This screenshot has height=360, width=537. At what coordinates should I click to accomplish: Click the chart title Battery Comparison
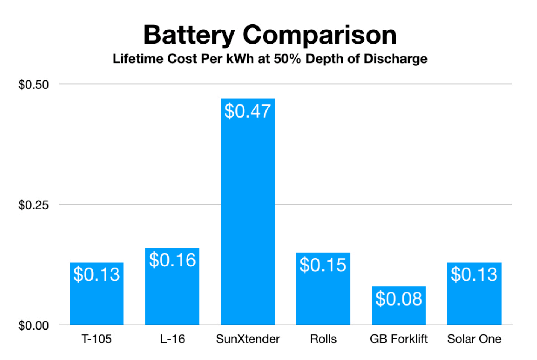270,35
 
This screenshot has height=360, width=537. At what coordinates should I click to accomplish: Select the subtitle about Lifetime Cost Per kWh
270,59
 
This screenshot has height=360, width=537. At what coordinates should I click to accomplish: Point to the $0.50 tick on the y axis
33,85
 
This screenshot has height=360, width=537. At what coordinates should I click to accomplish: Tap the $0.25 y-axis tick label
33,205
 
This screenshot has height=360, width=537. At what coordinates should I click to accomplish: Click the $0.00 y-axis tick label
33,325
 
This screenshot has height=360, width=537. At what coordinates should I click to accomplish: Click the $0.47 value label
247,111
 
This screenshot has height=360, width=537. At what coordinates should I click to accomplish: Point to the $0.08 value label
399,299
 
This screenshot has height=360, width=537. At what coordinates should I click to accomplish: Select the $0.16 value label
172,260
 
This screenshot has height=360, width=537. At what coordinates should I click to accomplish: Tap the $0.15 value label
323,265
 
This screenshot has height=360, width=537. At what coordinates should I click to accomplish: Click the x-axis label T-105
97,339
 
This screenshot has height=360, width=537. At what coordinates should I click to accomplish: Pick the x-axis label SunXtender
247,339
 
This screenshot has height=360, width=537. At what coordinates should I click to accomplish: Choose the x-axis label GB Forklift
399,339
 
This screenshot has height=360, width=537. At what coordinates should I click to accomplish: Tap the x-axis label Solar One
474,339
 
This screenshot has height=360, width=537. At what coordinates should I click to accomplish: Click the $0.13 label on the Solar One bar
474,274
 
